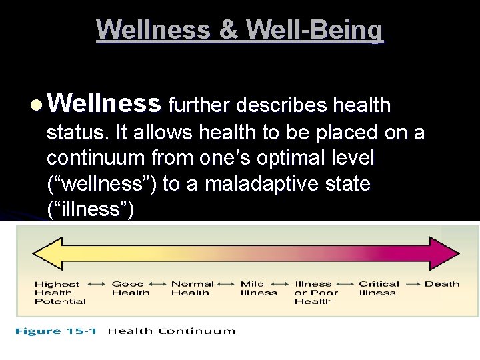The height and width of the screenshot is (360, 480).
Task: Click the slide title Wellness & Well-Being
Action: [x=240, y=30]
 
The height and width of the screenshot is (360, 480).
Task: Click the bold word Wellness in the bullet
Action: [x=105, y=104]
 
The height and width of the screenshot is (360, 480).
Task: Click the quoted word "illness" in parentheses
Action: [x=91, y=209]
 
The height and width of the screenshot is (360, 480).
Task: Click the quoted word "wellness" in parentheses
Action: [x=103, y=184]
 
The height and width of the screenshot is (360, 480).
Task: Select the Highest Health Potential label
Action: [x=59, y=293]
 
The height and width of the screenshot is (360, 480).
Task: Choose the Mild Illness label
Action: [x=258, y=288]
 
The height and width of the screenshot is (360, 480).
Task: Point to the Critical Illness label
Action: [x=378, y=288]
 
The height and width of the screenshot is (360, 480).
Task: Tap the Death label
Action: [x=441, y=284]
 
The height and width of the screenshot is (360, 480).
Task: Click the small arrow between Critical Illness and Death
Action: [x=411, y=284]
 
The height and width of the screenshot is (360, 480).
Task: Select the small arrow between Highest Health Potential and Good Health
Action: [x=97, y=284]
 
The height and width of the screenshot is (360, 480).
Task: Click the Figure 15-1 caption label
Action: [x=58, y=331]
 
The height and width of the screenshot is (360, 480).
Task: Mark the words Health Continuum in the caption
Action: [x=171, y=331]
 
